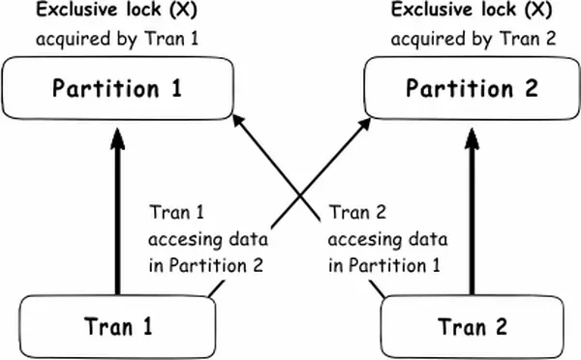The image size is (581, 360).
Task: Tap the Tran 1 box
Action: pos(117,326)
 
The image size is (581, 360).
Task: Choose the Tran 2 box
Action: pos(471,326)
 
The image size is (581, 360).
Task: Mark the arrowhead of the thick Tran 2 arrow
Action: pos(472,137)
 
